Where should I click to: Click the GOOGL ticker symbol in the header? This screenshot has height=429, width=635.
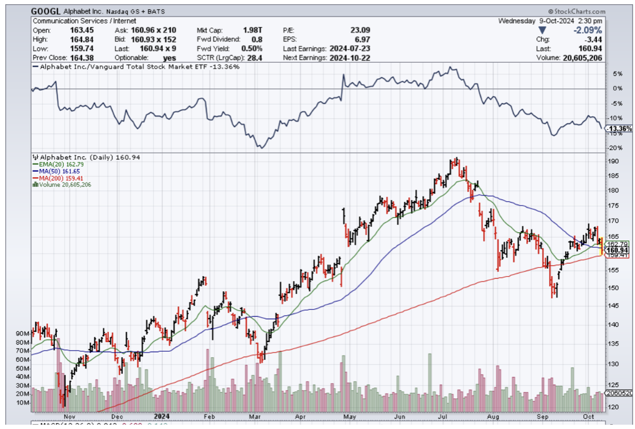tap(45, 11)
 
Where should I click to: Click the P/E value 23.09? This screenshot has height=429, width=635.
tap(360, 31)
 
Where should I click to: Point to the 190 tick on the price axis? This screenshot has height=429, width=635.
tap(613, 162)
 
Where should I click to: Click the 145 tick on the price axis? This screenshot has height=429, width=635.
tap(613, 306)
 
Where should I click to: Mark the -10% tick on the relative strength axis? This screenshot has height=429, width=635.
tap(615, 118)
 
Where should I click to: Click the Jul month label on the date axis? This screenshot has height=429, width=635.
tap(445, 417)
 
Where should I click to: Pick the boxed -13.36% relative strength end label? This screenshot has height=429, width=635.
tap(619, 129)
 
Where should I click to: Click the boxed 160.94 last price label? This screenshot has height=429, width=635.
tap(617, 250)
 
